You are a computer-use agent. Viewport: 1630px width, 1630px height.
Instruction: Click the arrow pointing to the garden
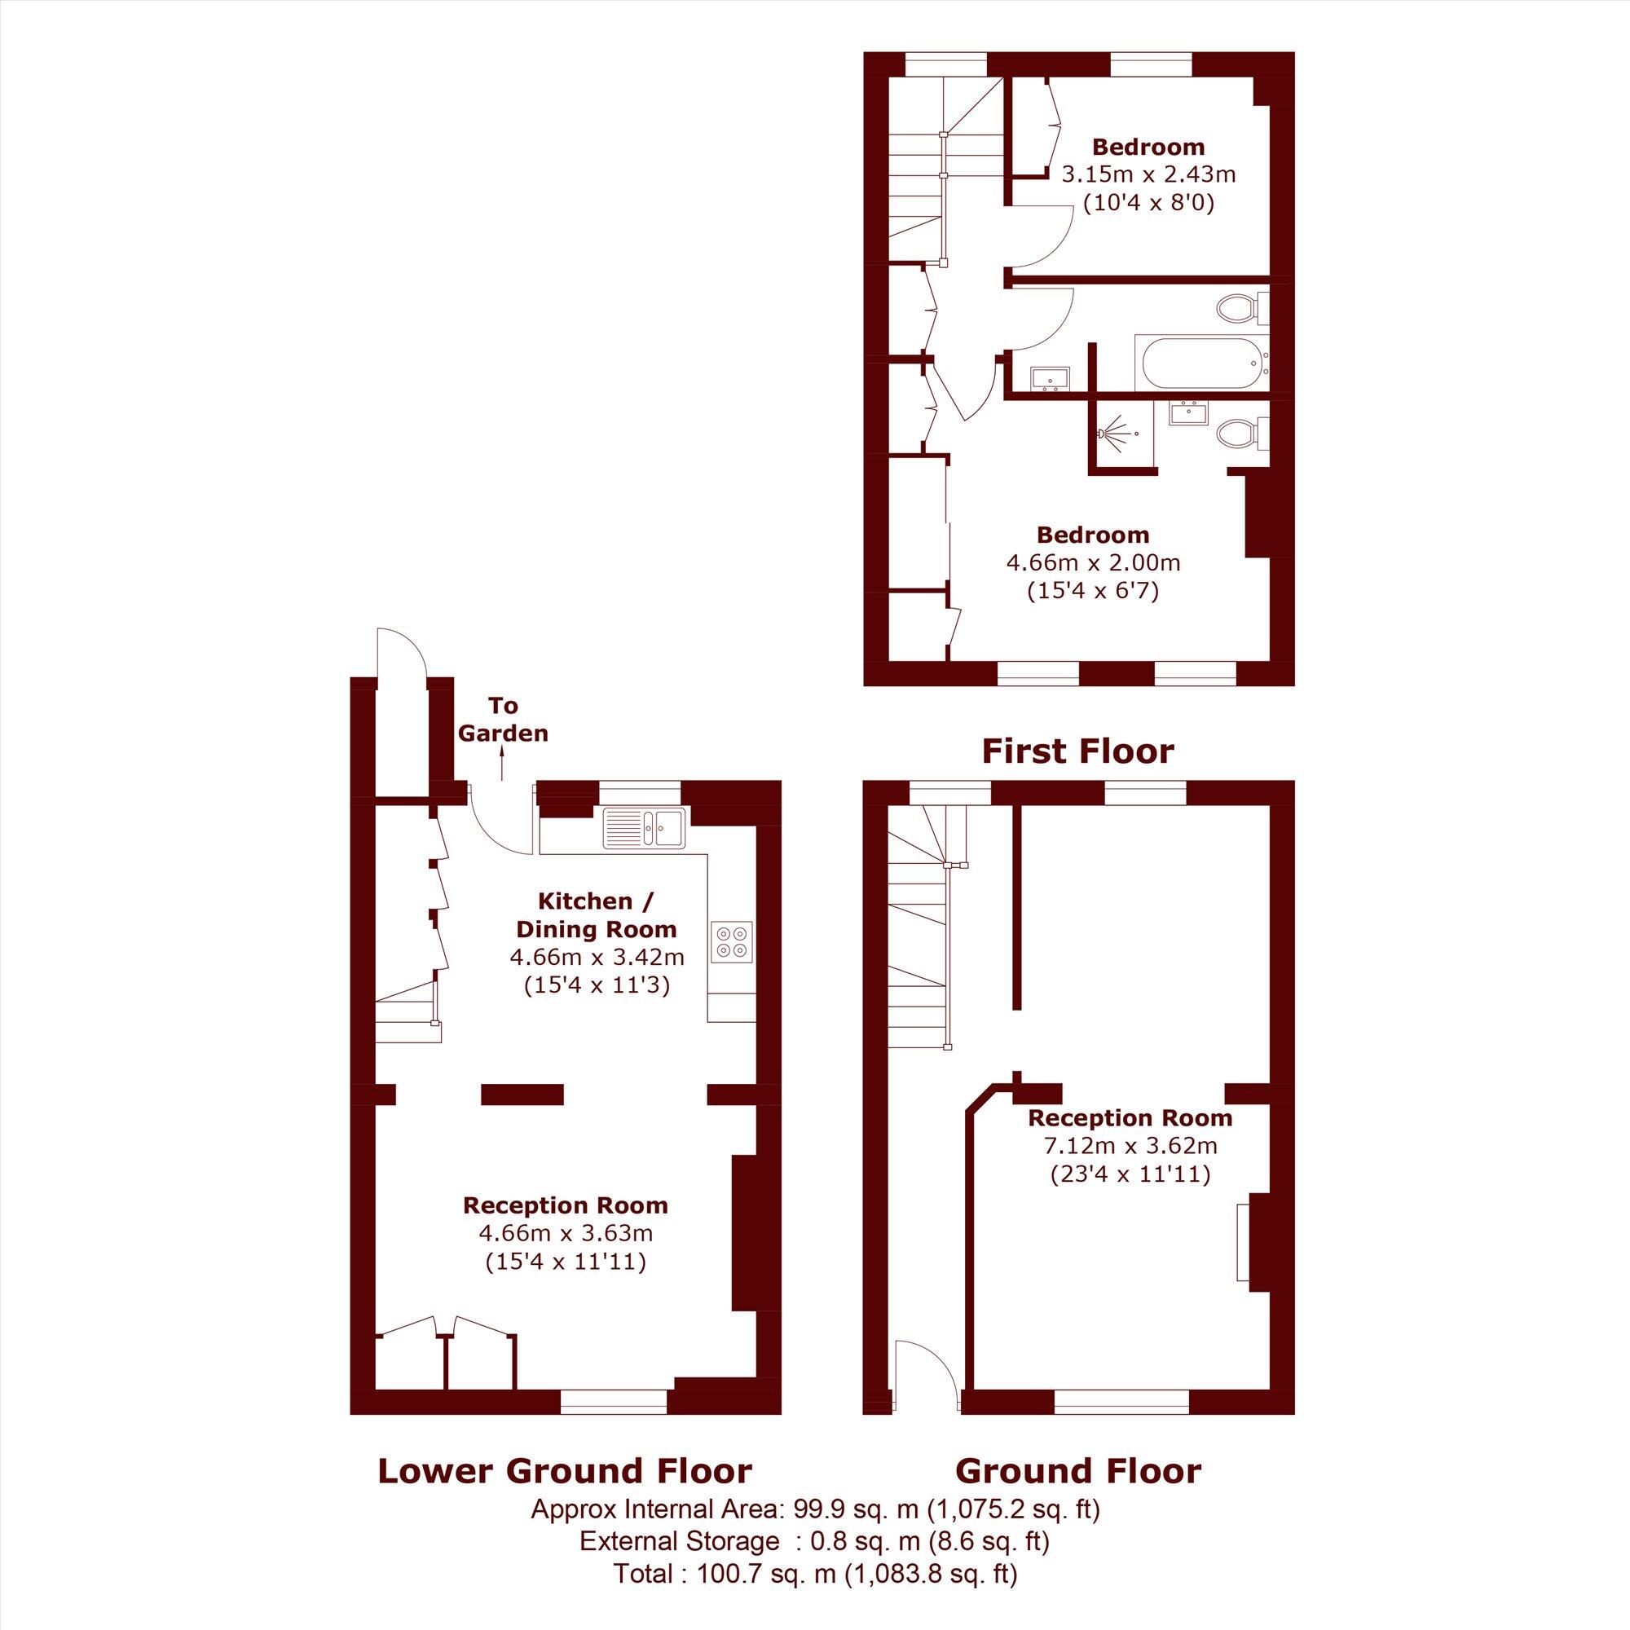[502, 764]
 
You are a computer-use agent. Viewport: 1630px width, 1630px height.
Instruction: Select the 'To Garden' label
[503, 720]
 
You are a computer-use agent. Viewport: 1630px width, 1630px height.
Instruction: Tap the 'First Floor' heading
[1077, 751]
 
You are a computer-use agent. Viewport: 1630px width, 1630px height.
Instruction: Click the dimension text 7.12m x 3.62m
[1129, 1147]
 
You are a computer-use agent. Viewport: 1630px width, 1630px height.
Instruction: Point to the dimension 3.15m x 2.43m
[1148, 175]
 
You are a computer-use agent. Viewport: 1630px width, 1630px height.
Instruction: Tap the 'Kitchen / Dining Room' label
[596, 914]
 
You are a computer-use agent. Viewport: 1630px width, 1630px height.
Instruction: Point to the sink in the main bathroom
[1050, 379]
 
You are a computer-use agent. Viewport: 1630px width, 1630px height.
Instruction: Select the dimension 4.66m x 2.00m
[1093, 562]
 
